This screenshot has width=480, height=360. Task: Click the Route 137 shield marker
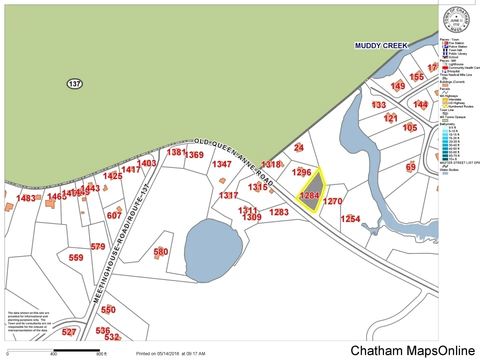click(x=74, y=84)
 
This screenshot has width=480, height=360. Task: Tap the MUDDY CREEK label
click(x=381, y=45)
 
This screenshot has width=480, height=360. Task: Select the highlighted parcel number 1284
click(x=309, y=195)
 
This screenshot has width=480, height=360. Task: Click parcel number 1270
click(x=332, y=201)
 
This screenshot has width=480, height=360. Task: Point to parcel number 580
click(x=160, y=251)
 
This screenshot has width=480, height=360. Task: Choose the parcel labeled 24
click(x=299, y=147)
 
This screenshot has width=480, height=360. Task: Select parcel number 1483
click(x=26, y=198)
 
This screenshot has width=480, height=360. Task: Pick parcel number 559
click(x=76, y=257)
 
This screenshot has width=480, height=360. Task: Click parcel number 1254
click(x=350, y=219)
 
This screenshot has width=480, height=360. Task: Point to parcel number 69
click(x=410, y=166)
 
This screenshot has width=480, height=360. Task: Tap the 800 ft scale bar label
click(x=101, y=354)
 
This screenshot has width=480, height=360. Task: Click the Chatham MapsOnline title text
click(x=412, y=351)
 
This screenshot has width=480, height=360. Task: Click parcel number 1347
click(x=222, y=164)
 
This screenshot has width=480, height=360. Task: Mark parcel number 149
click(x=398, y=86)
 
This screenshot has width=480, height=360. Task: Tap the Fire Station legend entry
click(x=455, y=43)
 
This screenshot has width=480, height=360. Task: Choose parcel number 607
click(x=114, y=215)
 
